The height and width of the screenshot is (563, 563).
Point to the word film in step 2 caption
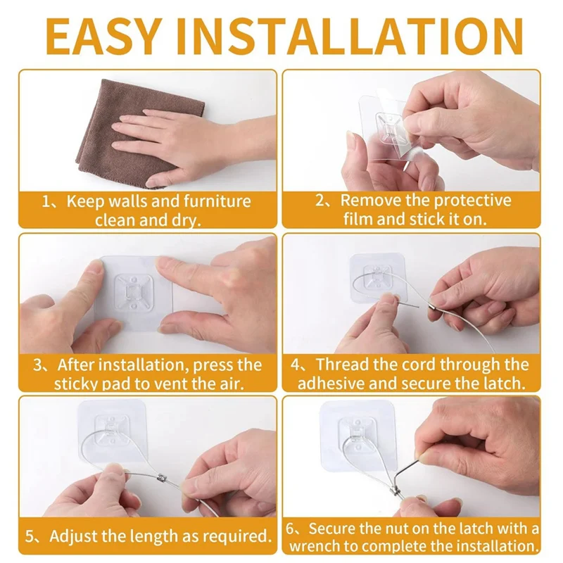tap(358, 219)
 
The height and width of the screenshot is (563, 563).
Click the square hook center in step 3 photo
tap(132, 293)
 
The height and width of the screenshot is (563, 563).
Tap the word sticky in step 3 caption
tap(77, 384)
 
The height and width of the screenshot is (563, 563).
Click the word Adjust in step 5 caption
tap(71, 536)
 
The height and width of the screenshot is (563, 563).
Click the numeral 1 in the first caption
tap(47, 202)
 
